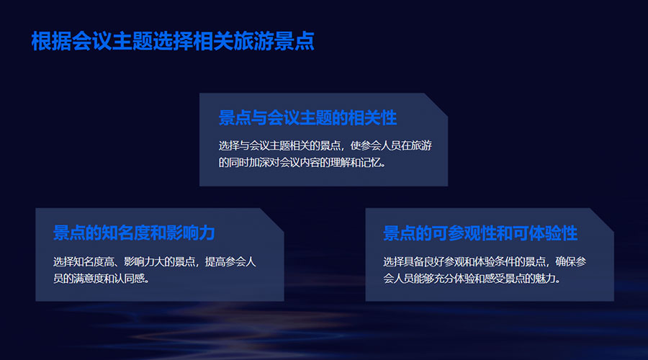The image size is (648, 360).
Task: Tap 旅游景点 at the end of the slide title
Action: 274,41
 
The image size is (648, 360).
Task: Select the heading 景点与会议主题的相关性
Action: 307,118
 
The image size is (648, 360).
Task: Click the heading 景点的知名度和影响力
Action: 134,233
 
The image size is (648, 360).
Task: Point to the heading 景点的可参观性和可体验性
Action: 480,233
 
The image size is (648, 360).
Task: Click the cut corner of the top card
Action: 436,104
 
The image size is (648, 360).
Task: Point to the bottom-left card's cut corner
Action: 272,220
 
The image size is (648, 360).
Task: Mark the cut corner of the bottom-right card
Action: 602,220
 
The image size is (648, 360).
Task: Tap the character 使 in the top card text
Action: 356,145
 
